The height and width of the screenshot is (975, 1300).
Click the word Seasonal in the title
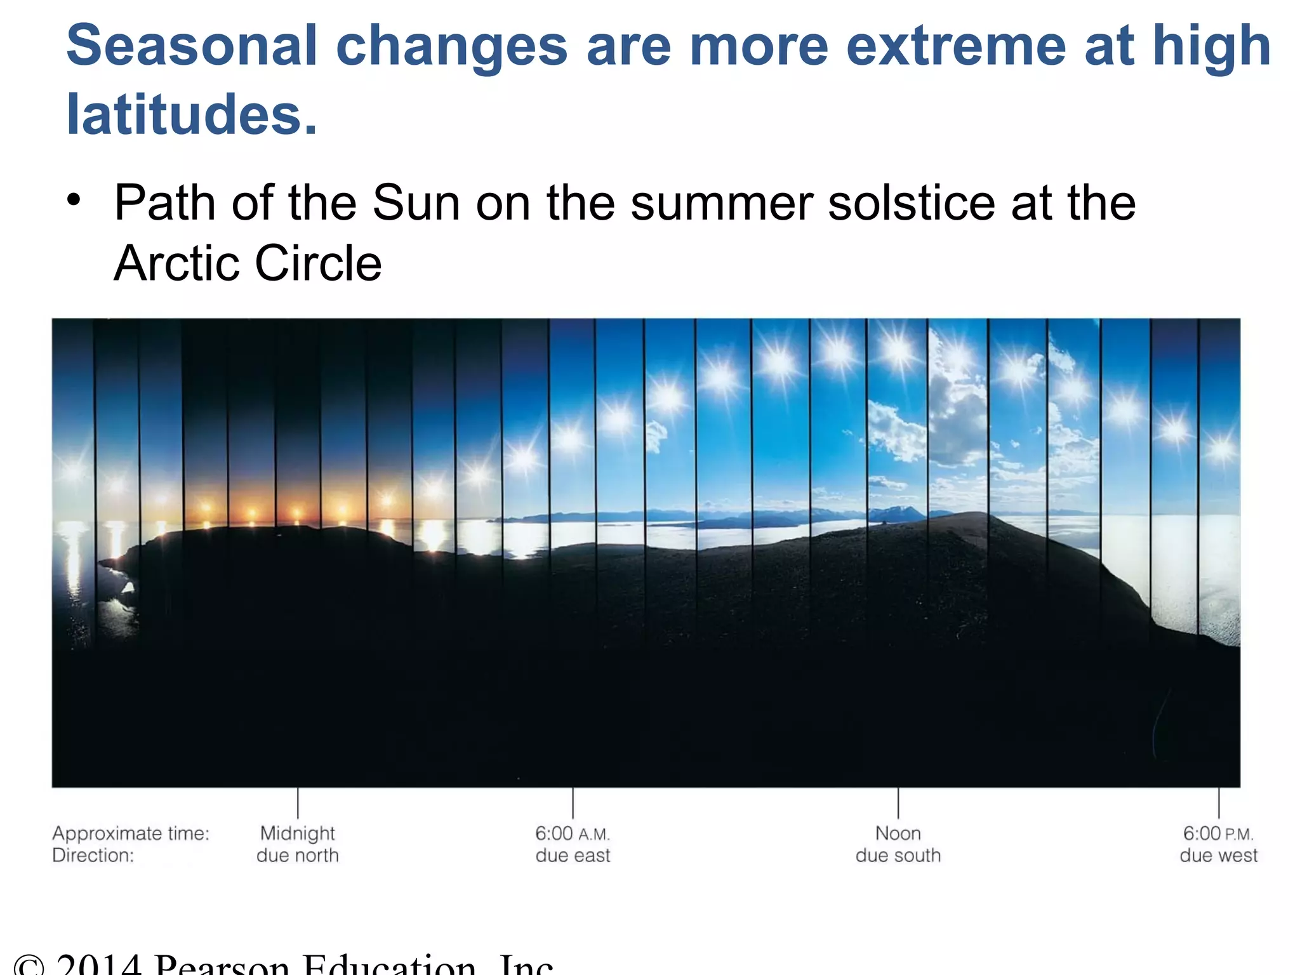(x=191, y=46)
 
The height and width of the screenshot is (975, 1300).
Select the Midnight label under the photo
(x=297, y=833)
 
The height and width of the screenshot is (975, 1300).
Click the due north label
(x=297, y=856)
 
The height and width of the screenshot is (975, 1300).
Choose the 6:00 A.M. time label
(x=572, y=833)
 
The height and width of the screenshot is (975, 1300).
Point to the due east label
(x=573, y=856)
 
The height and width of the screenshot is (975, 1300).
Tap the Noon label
(x=898, y=833)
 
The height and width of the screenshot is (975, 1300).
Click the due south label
(x=898, y=856)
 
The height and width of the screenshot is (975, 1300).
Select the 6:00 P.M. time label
(x=1218, y=833)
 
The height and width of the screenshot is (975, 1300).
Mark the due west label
(x=1218, y=856)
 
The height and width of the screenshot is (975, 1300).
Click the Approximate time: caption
(x=131, y=833)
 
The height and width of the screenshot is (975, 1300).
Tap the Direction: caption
(x=93, y=856)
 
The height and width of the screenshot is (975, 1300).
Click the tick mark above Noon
(x=898, y=804)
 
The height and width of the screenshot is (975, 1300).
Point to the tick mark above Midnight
(x=298, y=804)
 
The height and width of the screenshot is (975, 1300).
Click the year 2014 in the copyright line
(x=98, y=965)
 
